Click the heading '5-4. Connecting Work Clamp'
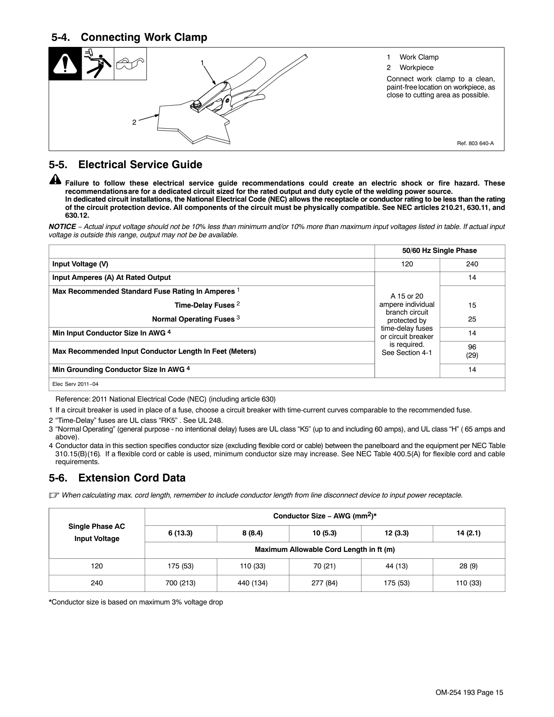pyautogui.click(x=129, y=37)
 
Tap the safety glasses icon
pyautogui.click(x=130, y=64)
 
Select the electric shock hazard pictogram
pyautogui.click(x=98, y=64)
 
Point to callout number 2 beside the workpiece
pyautogui.click(x=134, y=123)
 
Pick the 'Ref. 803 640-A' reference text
pyautogui.click(x=475, y=143)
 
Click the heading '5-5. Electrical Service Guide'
pyautogui.click(x=126, y=165)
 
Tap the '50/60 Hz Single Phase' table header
pyautogui.click(x=439, y=251)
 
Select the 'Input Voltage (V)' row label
pyautogui.click(x=80, y=264)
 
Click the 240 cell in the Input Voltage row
pyautogui.click(x=472, y=264)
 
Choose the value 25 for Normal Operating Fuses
pyautogui.click(x=472, y=319)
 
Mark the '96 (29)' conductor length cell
pyautogui.click(x=472, y=351)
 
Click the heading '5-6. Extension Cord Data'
pyautogui.click(x=117, y=478)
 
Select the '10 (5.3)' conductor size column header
pyautogui.click(x=325, y=533)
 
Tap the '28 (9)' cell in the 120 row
pyautogui.click(x=468, y=566)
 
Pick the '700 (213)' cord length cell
pyautogui.click(x=180, y=583)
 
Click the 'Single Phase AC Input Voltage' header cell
pyautogui.click(x=96, y=533)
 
